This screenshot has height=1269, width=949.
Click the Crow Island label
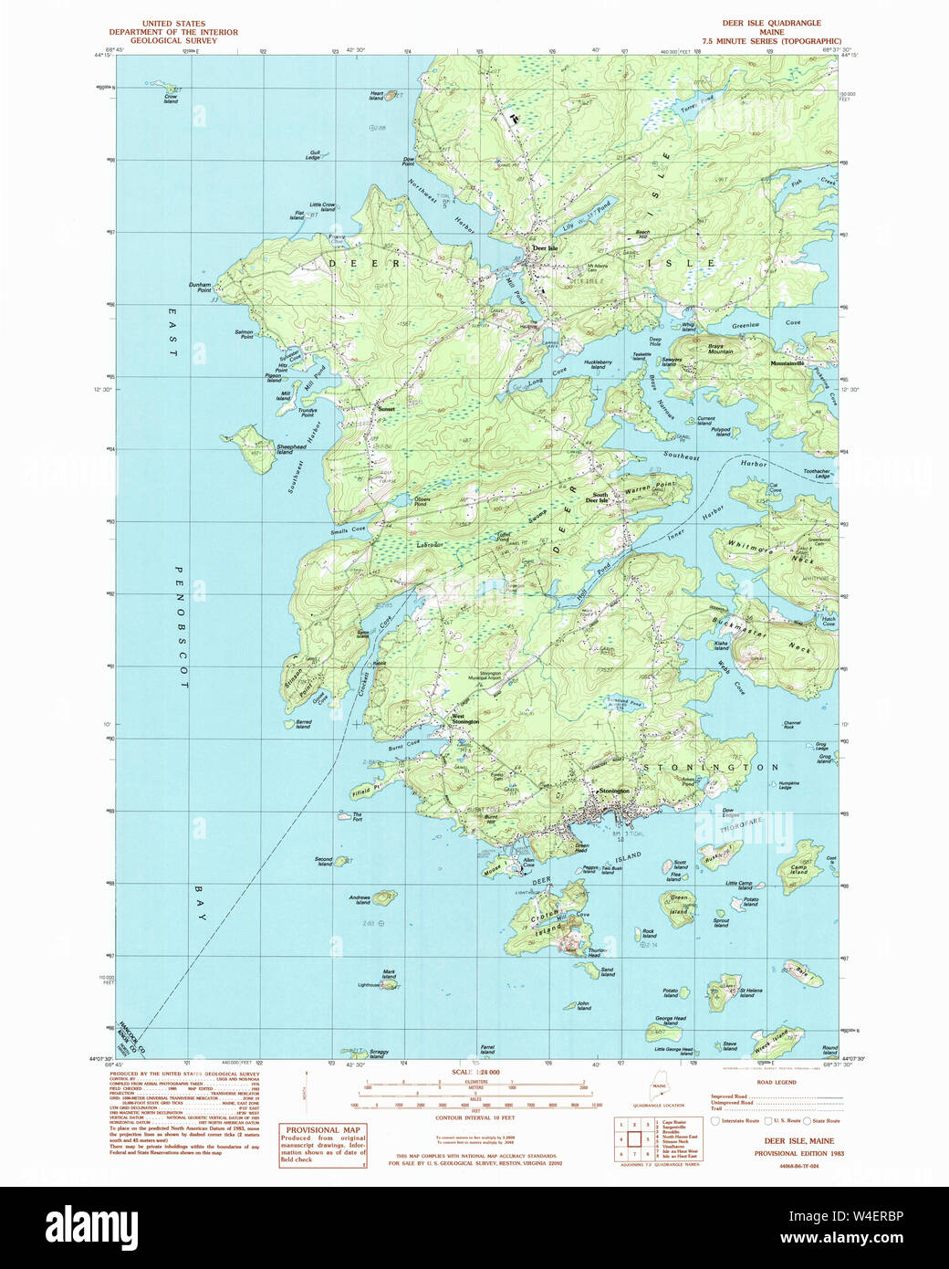pos(171,99)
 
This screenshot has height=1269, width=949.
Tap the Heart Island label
pos(376,94)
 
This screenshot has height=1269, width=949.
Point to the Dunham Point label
pos(200,286)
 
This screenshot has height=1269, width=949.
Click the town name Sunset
pos(387,409)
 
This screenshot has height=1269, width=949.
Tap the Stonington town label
pos(614,791)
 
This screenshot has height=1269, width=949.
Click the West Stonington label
pos(464,718)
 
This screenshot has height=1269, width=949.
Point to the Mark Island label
pos(389,974)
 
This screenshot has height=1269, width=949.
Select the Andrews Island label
pos(360,899)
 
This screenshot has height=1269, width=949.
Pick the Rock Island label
pos(649,934)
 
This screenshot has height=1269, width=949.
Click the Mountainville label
pos(787,363)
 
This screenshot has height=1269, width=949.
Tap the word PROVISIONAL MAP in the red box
pos(323,1129)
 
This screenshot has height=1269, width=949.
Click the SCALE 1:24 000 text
pos(475,1072)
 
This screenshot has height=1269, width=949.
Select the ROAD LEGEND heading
pos(777,1082)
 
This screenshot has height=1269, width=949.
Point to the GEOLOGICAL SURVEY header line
pos(173,41)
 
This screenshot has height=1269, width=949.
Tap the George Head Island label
pos(670,1021)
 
